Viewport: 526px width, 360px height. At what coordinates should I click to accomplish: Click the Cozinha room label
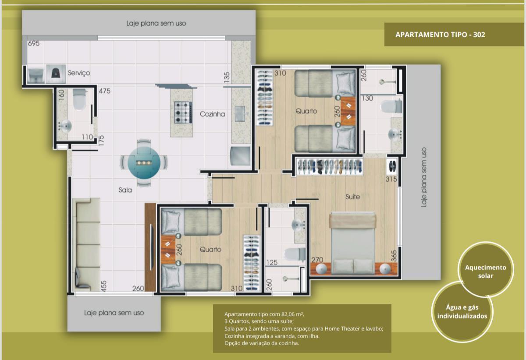[212, 114]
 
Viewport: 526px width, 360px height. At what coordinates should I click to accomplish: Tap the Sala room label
[125, 190]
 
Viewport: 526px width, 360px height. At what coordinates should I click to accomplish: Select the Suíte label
[352, 197]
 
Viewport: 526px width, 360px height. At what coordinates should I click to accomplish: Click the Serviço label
[79, 73]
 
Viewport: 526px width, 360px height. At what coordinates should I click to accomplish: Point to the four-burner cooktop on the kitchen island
[183, 113]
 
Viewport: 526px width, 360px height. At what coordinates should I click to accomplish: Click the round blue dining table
[144, 162]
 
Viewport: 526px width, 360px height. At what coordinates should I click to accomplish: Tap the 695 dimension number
[34, 44]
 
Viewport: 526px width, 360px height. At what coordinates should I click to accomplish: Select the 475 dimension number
[104, 91]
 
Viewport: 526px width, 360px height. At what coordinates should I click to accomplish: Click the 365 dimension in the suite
[394, 256]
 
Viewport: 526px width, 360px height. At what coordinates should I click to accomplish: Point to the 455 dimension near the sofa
[103, 286]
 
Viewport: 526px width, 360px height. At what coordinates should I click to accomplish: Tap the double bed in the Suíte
[353, 244]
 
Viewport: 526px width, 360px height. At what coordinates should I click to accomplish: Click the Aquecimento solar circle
[486, 270]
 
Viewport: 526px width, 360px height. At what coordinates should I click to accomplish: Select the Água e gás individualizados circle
[462, 312]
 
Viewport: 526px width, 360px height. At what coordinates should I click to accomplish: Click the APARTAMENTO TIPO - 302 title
[440, 35]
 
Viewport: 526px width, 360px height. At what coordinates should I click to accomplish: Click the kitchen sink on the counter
[240, 114]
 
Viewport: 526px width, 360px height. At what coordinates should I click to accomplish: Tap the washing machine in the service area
[56, 74]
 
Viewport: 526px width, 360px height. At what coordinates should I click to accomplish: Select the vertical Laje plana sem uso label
[424, 177]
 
